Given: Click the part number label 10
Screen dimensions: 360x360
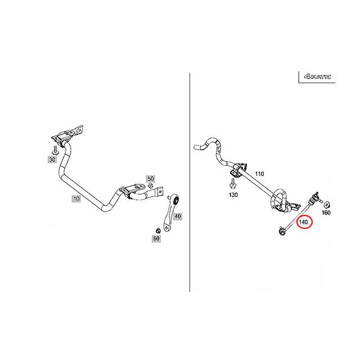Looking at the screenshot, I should click(75, 198).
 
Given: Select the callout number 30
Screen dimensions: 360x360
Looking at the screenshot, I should click(53, 159).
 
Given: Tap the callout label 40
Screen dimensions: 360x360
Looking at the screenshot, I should click(178, 216).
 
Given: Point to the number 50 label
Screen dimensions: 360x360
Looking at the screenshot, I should click(150, 179).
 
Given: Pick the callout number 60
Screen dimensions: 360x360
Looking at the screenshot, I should click(156, 238).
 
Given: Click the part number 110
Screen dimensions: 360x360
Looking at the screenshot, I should click(259, 174).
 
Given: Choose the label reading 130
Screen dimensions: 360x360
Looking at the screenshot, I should click(233, 195).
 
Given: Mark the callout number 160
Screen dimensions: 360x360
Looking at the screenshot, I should click(326, 213).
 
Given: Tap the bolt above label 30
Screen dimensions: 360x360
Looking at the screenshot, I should click(55, 150).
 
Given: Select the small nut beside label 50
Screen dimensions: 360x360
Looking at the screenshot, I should click(150, 186).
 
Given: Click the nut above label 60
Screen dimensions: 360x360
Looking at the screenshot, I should click(157, 229).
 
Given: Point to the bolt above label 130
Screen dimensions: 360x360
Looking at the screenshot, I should click(232, 183).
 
